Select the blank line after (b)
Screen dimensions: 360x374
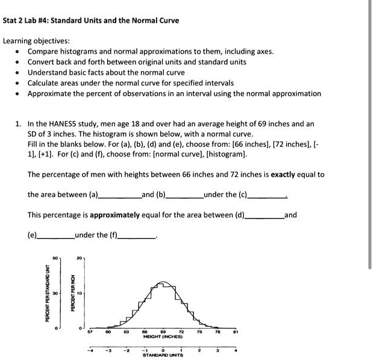coord(184,196)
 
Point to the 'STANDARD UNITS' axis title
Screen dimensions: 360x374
coord(163,355)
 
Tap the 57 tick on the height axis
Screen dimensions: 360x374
coord(89,332)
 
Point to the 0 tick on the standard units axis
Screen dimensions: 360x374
coord(163,350)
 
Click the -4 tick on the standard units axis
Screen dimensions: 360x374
coord(89,350)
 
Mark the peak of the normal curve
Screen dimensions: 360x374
coord(162,281)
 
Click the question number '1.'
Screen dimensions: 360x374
coord(19,123)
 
